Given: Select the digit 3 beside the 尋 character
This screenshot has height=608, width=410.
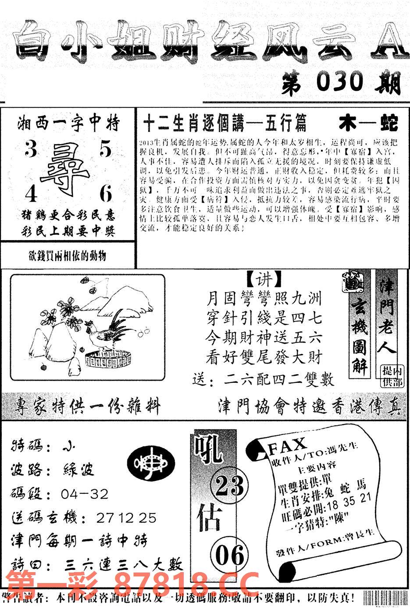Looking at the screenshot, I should point(30,150).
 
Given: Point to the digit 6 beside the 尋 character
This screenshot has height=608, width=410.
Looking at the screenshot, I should point(106,193).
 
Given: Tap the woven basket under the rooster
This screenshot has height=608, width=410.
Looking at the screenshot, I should point(108,358).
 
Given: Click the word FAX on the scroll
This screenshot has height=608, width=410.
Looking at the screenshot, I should point(287,446).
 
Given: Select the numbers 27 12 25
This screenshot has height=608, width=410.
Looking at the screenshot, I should point(126,518).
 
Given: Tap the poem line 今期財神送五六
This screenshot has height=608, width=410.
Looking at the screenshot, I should point(264,338).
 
